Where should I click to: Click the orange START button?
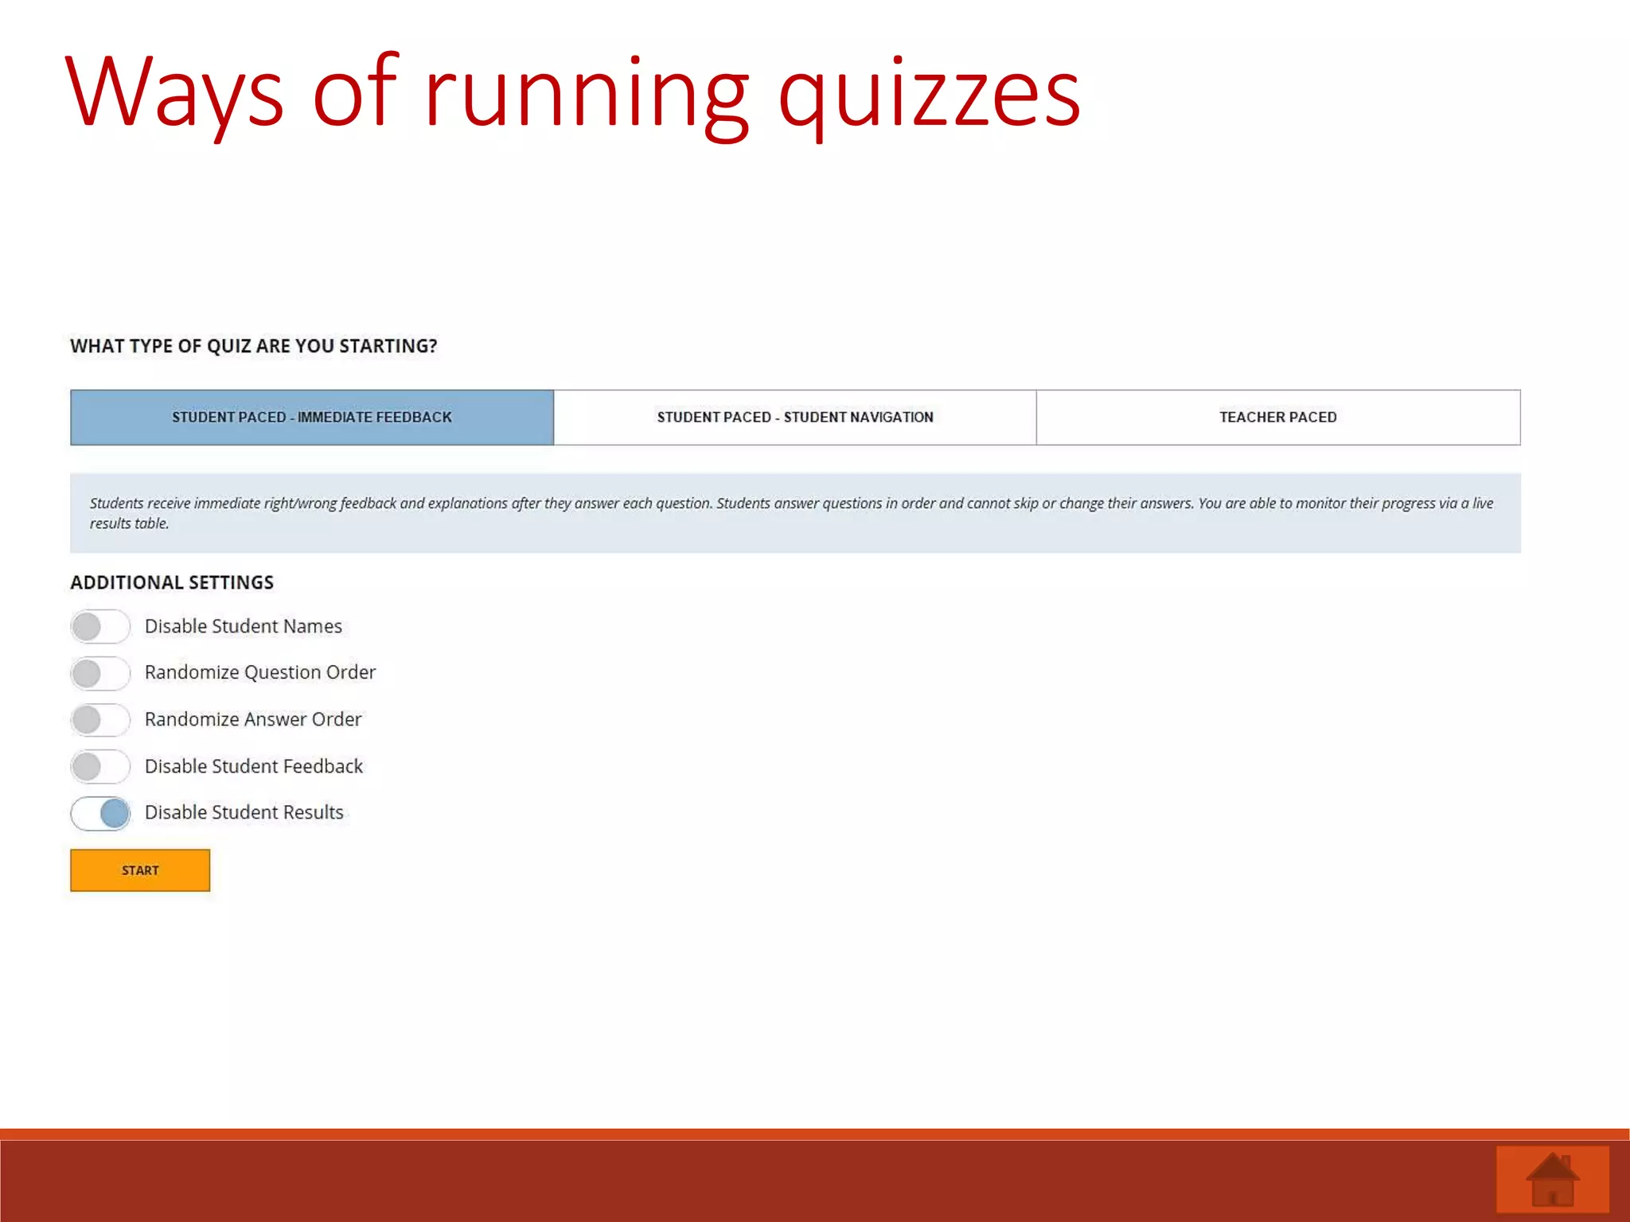pos(140,870)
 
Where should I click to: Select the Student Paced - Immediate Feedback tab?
pos(312,417)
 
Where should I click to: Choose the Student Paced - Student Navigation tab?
pos(795,417)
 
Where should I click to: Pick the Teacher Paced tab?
pos(1278,417)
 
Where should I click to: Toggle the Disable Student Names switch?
pos(99,627)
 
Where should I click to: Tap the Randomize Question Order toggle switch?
pos(99,673)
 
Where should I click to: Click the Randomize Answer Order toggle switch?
pos(99,720)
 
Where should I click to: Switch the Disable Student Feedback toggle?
pos(99,767)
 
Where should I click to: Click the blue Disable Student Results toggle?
pos(101,813)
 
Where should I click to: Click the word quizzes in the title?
pos(929,95)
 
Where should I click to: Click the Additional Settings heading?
pos(172,582)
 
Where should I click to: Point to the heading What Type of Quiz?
pos(254,346)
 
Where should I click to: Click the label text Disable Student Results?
pos(244,812)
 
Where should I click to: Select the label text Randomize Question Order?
pos(260,672)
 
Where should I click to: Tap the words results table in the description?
pos(129,523)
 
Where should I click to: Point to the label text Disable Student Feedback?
pos(254,766)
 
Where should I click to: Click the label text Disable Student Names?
pos(244,626)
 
